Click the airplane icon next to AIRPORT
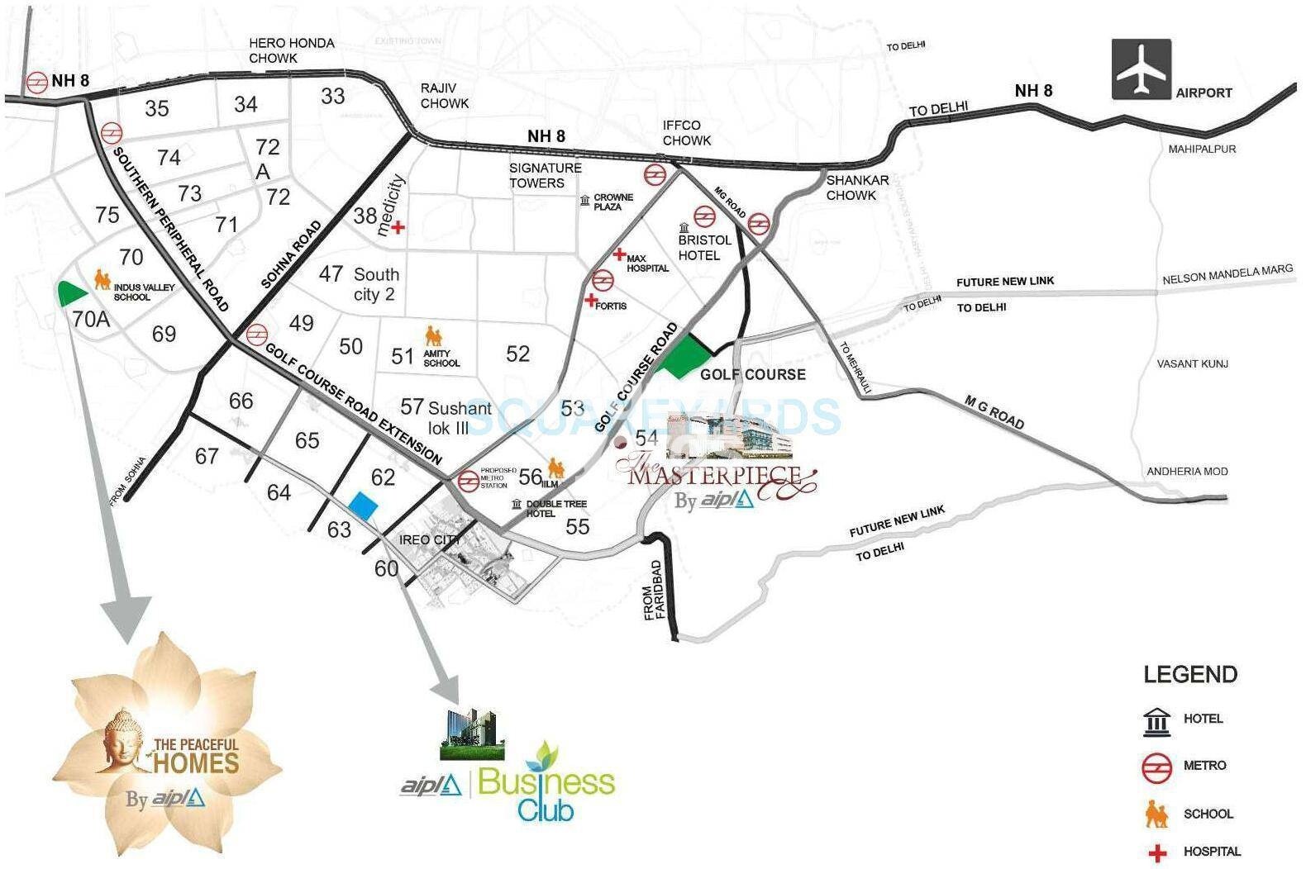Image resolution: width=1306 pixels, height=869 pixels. coord(1141,69)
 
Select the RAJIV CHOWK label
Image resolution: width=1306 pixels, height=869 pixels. coord(444,96)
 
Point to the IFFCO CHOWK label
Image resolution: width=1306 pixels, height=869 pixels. coord(686,133)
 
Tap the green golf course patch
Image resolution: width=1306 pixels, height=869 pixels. coord(683,357)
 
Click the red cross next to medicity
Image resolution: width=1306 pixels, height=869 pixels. coord(398,227)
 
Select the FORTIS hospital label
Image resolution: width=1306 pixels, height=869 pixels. coord(610,306)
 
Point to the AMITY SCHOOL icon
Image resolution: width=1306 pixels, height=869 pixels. coord(434,336)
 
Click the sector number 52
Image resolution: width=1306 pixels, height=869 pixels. coord(517,354)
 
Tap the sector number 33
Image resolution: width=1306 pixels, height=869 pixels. coord(332,96)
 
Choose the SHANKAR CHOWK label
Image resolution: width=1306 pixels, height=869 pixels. coord(857,188)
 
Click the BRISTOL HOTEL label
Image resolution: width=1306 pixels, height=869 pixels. coord(704,247)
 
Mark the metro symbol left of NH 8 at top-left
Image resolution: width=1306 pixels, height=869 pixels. coord(35,82)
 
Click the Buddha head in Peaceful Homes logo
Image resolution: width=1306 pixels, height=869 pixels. coord(124,736)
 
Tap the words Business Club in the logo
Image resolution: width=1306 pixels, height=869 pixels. coord(546,794)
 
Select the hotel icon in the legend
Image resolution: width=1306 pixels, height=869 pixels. coord(1156,721)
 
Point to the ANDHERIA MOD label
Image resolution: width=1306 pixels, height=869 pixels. coord(1186,471)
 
